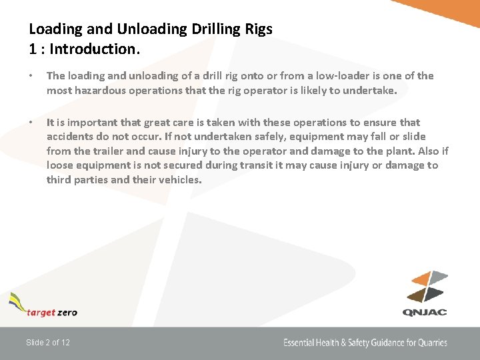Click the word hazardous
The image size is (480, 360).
click(x=95, y=91)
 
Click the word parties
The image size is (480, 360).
click(x=97, y=180)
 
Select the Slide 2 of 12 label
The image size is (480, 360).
click(x=48, y=343)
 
